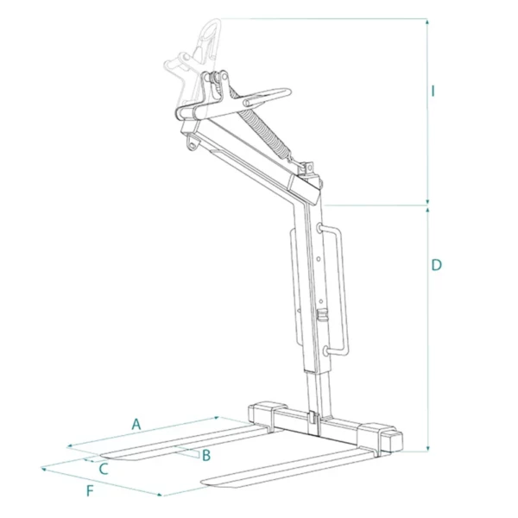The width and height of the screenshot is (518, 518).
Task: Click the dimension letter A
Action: [x=136, y=424]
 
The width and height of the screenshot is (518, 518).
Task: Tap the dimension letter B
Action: [x=206, y=455]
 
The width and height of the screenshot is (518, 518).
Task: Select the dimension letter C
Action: [x=104, y=469]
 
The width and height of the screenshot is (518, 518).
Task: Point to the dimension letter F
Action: [x=90, y=491]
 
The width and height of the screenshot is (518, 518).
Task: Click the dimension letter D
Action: [x=436, y=265]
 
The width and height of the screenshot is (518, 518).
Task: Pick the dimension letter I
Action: [x=433, y=91]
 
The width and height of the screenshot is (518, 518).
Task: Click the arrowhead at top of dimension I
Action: [x=427, y=22]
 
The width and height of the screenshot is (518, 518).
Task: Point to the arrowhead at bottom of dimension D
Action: [x=428, y=448]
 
